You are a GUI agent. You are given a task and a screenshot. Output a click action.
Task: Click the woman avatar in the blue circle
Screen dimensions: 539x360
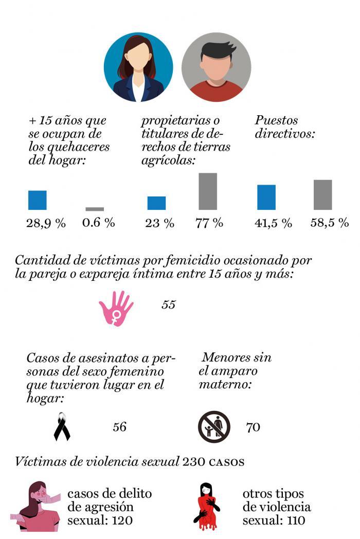click(x=138, y=67)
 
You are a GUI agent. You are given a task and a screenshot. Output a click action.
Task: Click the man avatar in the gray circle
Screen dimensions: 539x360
click(x=216, y=67)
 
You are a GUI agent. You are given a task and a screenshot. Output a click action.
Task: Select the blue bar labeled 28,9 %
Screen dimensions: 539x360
click(x=37, y=200)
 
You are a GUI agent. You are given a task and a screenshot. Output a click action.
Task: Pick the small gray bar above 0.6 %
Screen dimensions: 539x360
click(x=95, y=209)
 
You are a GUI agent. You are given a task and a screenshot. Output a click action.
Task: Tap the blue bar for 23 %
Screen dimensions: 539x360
click(x=156, y=203)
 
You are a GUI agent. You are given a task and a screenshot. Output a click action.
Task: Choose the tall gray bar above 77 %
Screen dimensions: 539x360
click(x=208, y=191)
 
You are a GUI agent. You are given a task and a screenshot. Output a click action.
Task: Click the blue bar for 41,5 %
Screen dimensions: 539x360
click(x=266, y=197)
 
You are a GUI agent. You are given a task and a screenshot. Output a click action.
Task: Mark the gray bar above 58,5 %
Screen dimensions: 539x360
click(x=322, y=195)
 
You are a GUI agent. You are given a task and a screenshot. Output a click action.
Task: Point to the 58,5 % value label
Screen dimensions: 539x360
click(x=329, y=223)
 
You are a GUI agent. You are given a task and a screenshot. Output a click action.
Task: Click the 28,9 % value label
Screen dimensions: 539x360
click(x=46, y=223)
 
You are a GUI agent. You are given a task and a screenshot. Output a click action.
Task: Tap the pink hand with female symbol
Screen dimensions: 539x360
click(x=116, y=308)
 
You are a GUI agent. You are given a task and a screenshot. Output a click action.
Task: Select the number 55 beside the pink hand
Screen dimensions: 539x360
click(x=168, y=304)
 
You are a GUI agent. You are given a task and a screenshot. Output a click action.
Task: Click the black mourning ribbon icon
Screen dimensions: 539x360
click(x=62, y=426)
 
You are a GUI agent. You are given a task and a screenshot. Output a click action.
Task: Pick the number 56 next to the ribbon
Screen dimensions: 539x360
click(x=119, y=427)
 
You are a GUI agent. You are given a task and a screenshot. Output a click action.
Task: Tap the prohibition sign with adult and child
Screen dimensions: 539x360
click(x=214, y=426)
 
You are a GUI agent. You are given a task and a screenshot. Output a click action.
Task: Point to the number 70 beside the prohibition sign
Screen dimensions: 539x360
click(x=253, y=427)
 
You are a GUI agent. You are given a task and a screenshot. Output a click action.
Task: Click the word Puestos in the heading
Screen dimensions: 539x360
click(x=276, y=121)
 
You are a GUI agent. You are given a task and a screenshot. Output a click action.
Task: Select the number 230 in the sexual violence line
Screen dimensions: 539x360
click(x=193, y=461)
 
